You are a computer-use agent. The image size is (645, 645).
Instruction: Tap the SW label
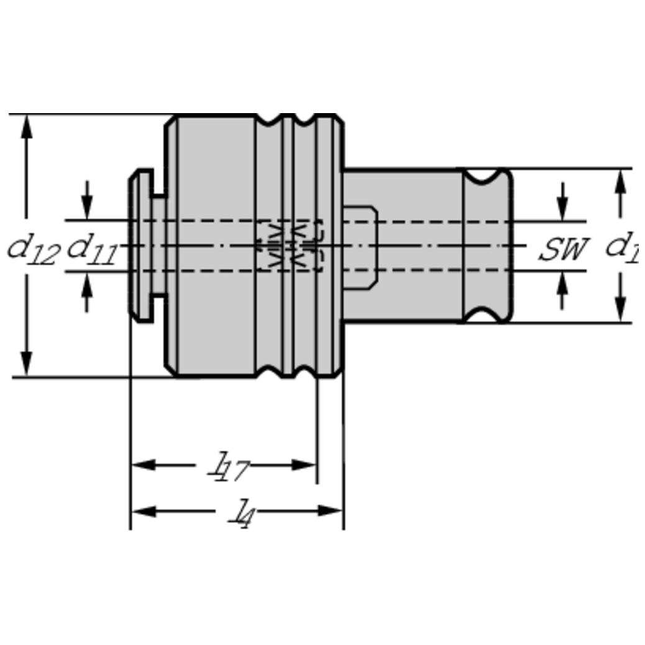[563, 250]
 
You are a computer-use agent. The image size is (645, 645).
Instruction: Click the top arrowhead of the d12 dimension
[26, 127]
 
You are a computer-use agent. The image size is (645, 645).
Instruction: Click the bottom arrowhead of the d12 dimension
[26, 364]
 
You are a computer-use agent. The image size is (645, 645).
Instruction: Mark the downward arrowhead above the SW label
[563, 209]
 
